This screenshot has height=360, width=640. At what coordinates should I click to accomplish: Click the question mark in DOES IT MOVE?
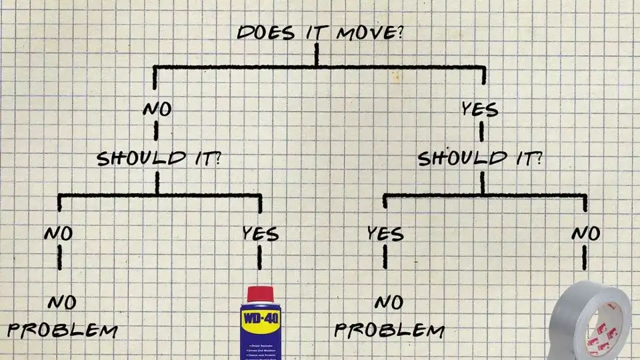[x=398, y=32]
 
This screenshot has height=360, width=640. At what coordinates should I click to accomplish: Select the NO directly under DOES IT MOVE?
[x=157, y=109]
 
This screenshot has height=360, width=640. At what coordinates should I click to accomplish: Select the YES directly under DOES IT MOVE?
[x=479, y=109]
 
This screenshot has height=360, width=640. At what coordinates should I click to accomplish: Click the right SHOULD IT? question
[x=479, y=159]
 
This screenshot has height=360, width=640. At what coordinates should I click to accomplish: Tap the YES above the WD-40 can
[x=260, y=233]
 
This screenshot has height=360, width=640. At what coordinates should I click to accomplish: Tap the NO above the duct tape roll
[x=585, y=233]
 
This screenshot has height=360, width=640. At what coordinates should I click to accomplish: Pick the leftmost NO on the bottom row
[x=58, y=233]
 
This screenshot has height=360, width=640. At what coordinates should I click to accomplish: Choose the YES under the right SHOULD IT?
[x=385, y=233]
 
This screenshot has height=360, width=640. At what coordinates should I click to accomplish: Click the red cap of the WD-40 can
[x=260, y=294]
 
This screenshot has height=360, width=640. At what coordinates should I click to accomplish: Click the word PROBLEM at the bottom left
[x=63, y=331]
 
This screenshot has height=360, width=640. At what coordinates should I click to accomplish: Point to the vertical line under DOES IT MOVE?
[x=317, y=55]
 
